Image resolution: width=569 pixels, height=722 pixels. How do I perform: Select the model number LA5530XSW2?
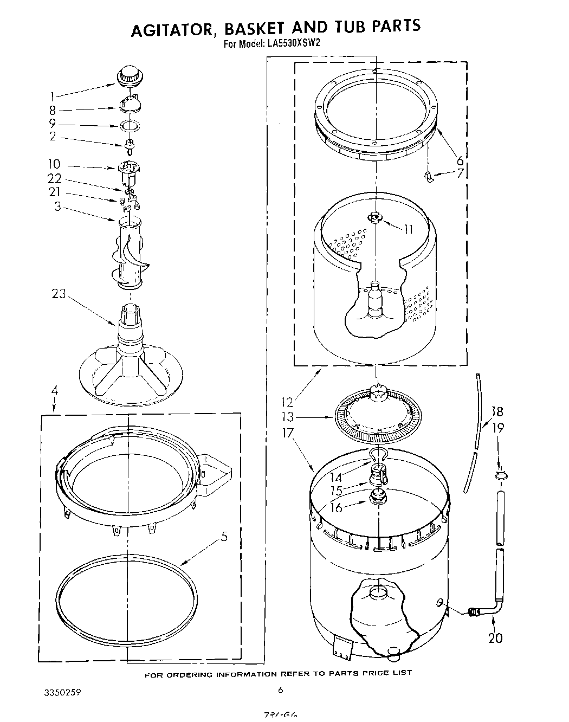[290, 45]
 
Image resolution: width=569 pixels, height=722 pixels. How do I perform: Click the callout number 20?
[495, 637]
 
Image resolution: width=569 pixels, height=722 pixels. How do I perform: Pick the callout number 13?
[287, 417]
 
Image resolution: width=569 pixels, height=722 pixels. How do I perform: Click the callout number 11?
[408, 229]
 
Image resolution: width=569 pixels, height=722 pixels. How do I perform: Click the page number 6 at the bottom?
[280, 690]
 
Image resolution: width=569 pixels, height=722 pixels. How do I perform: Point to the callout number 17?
[287, 433]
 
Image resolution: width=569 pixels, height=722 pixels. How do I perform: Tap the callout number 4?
[54, 390]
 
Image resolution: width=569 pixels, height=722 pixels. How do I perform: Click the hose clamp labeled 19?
[501, 475]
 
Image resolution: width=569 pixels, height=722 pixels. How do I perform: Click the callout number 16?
[336, 507]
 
